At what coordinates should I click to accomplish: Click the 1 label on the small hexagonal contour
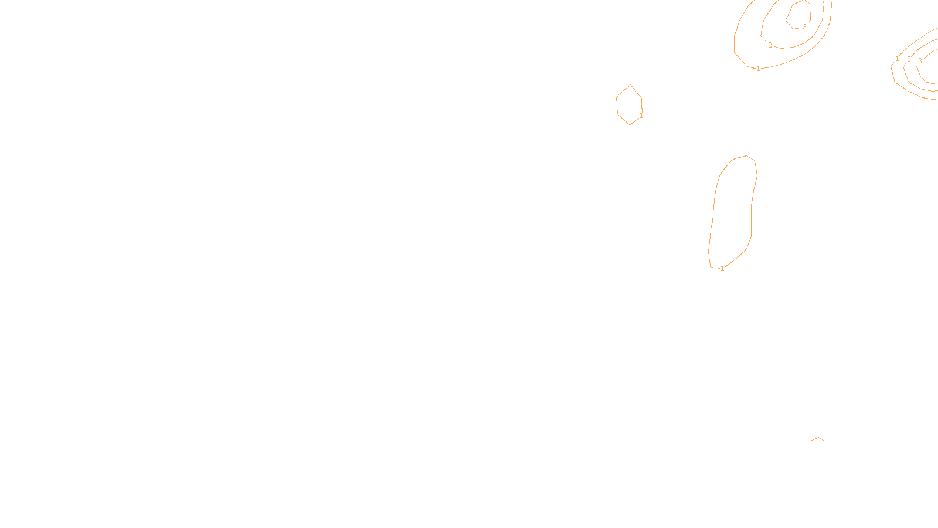641,116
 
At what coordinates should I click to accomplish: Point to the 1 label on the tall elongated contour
722,269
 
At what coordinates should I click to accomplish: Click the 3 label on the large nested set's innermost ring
804,27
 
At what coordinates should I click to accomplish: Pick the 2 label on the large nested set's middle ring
770,45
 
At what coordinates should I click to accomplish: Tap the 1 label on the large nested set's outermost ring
758,69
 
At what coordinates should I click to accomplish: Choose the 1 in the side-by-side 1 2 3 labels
897,59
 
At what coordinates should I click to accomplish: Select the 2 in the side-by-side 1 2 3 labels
909,59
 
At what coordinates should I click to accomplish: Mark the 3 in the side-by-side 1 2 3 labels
920,61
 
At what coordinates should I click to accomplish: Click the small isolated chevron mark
818,438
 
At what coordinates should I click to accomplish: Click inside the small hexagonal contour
629,105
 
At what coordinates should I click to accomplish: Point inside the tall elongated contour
733,211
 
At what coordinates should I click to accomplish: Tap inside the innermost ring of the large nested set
799,13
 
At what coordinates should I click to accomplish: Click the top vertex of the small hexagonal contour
630,85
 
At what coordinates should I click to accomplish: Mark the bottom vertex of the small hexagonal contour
630,125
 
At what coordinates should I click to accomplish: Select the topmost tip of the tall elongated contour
746,155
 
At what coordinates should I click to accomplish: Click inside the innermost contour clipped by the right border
931,67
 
